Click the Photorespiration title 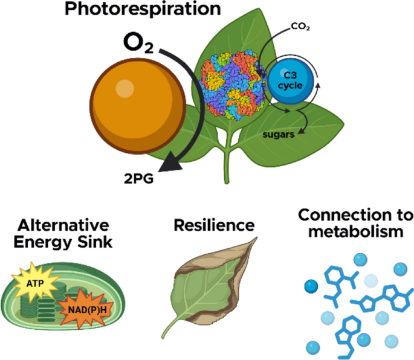pyautogui.click(x=143, y=9)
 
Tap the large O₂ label pyautogui.click(x=138, y=43)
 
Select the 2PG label pyautogui.click(x=138, y=179)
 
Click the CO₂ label pyautogui.click(x=300, y=27)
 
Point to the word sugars pyautogui.click(x=278, y=134)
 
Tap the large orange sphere pyautogui.click(x=138, y=106)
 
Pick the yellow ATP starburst pyautogui.click(x=36, y=283)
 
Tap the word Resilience pyautogui.click(x=214, y=226)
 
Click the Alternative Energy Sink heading pyautogui.click(x=63, y=234)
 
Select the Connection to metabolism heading pyautogui.click(x=355, y=223)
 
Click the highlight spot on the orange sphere pyautogui.click(x=125, y=88)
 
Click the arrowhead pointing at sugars pyautogui.click(x=301, y=130)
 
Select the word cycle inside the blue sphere pyautogui.click(x=290, y=86)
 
